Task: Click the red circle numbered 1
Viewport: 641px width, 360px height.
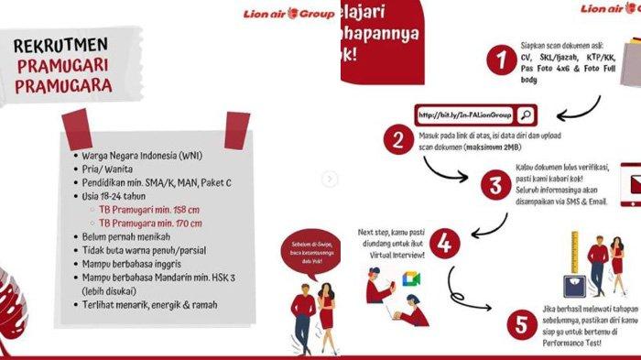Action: pos(500,63)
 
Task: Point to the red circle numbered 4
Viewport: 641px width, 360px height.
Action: pos(444,245)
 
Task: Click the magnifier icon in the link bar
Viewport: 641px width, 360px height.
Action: pos(526,115)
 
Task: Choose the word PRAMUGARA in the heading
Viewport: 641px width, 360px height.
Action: pos(63,87)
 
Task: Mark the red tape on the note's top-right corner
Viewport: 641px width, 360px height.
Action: pos(236,129)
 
